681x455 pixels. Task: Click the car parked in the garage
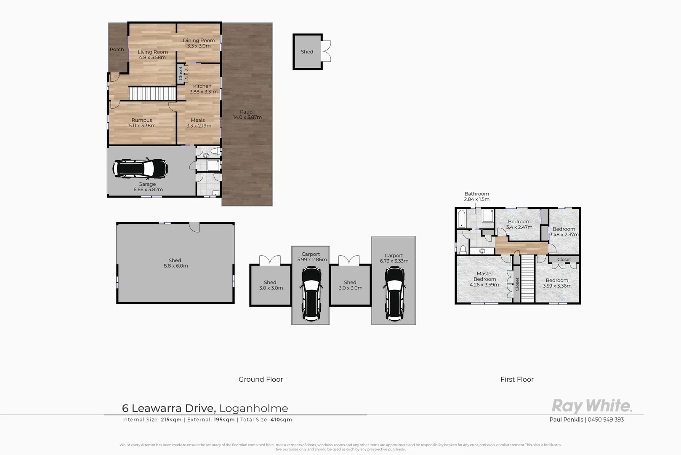[x=140, y=169]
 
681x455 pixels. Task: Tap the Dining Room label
[x=199, y=40]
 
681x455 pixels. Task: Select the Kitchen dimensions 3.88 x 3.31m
[x=203, y=92]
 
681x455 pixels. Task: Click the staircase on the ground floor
[x=152, y=93]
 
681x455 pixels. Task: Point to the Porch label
[x=117, y=49]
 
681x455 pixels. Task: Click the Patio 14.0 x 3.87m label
[x=247, y=115]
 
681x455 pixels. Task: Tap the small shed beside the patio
[x=307, y=51]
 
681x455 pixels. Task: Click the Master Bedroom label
[x=484, y=276]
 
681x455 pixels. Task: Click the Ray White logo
[x=592, y=406]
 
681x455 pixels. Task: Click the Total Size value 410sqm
[x=282, y=420]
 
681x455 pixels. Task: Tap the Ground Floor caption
[x=261, y=379]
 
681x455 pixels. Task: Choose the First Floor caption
[x=517, y=379]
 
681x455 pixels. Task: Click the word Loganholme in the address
[x=254, y=408]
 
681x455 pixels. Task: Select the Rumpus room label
[x=141, y=120]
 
